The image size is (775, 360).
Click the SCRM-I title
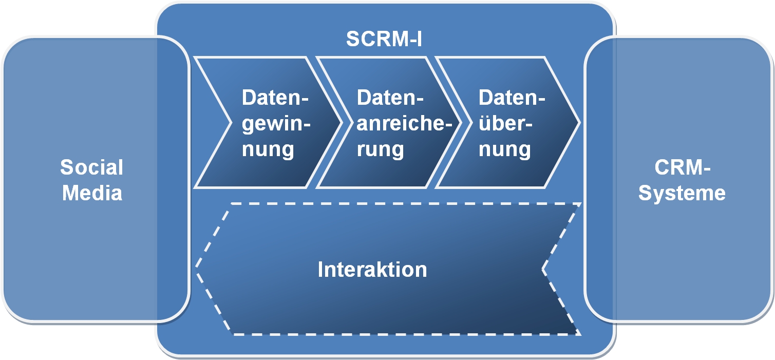point(384,39)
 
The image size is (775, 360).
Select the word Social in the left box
point(92,167)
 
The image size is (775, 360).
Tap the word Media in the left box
point(92,193)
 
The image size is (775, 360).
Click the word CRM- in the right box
point(682,167)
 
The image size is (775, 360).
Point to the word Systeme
point(682,193)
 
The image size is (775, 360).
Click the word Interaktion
point(372,269)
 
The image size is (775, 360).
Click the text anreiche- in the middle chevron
point(401,124)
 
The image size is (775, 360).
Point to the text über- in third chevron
point(506,124)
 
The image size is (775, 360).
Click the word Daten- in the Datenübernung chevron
point(511,98)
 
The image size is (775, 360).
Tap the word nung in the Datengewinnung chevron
point(268,149)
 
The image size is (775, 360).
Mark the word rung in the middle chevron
point(381,149)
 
